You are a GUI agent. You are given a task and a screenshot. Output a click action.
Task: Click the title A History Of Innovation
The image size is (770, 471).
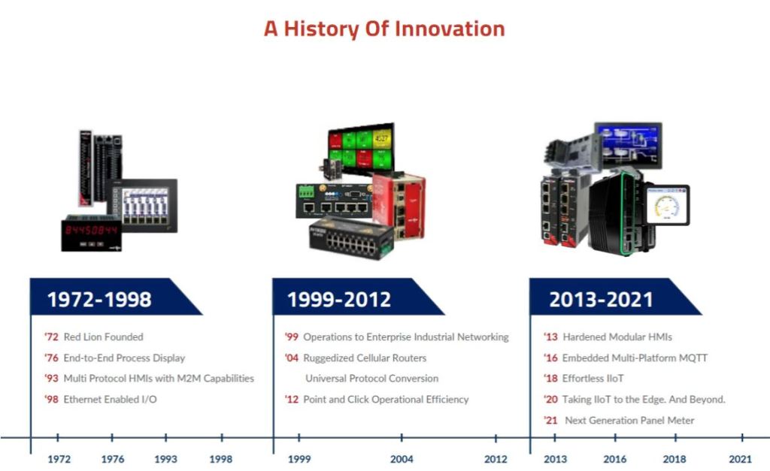(x=384, y=29)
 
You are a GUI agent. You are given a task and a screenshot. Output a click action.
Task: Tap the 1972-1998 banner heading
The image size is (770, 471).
(x=99, y=299)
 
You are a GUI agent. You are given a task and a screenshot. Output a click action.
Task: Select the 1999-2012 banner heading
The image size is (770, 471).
(x=339, y=299)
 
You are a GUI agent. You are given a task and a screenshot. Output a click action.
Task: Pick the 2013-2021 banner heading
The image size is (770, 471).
(x=601, y=299)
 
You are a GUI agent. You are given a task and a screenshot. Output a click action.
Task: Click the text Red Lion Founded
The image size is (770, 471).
(x=103, y=337)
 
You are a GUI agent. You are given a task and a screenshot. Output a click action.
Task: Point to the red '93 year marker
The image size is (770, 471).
(x=51, y=379)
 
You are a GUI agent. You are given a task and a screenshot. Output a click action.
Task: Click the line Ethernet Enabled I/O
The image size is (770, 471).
(x=110, y=400)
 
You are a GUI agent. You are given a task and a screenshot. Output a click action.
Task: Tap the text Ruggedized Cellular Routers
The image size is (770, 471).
(x=365, y=358)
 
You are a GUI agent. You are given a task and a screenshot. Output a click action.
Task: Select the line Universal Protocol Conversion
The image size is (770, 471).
(x=371, y=379)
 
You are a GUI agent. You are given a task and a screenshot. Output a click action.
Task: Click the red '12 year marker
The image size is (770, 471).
(x=292, y=400)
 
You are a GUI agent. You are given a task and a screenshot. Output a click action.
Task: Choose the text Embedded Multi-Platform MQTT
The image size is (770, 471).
(x=635, y=358)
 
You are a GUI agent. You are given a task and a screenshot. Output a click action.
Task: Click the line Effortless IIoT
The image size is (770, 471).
(x=593, y=379)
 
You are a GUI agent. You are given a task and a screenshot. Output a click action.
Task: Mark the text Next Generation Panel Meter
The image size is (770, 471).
(x=629, y=421)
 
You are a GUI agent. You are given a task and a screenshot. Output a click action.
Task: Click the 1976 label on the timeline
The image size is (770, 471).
(x=113, y=459)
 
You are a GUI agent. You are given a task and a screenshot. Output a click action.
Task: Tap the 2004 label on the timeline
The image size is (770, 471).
(x=402, y=459)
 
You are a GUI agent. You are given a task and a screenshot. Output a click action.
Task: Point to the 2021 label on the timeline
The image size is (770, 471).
(x=740, y=459)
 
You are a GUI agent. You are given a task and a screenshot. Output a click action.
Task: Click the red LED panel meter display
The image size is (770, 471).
(x=91, y=231)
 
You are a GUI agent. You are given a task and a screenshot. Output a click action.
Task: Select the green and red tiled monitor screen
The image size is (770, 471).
(x=362, y=147)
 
